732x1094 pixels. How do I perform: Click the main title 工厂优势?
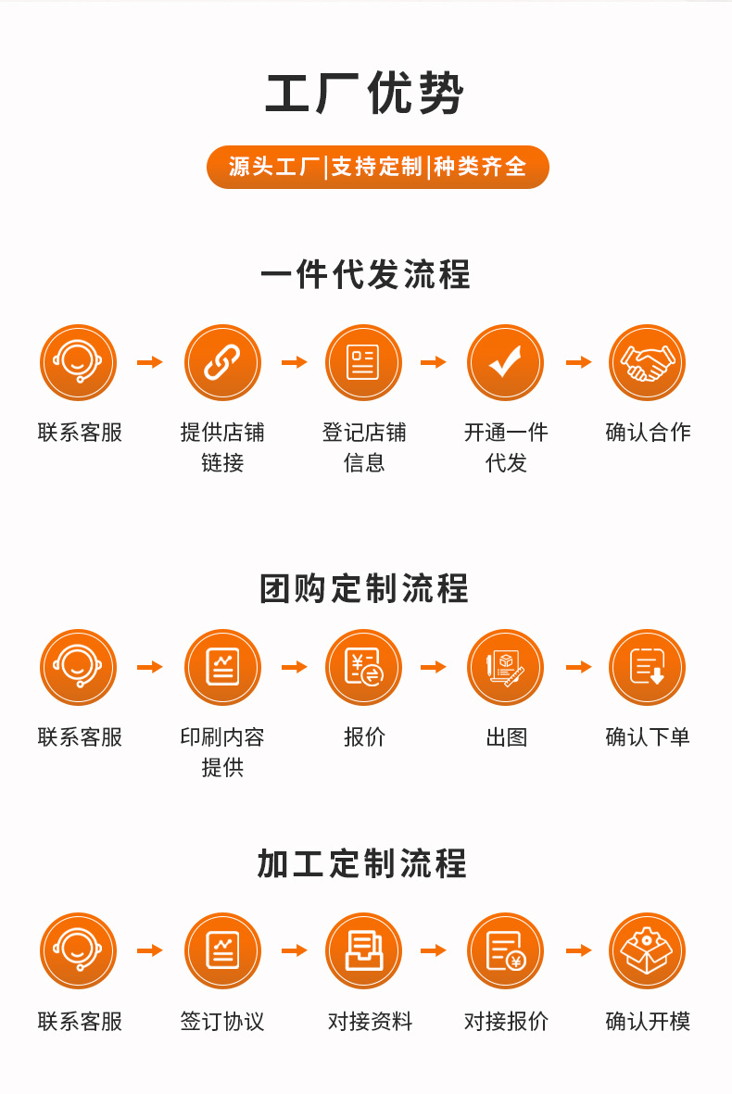pyautogui.click(x=365, y=94)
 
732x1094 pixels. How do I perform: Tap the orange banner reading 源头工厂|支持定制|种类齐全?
pyautogui.click(x=377, y=167)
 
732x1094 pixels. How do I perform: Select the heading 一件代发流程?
pyautogui.click(x=365, y=275)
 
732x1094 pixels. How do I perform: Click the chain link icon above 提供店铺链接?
pyautogui.click(x=222, y=362)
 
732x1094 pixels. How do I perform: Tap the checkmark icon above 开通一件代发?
pyautogui.click(x=505, y=362)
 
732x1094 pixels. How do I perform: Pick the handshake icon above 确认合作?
pyautogui.click(x=647, y=362)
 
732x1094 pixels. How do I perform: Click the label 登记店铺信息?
pyautogui.click(x=364, y=446)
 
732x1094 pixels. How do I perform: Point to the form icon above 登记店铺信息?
pyautogui.click(x=363, y=362)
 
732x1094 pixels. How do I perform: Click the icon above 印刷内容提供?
pyautogui.click(x=222, y=667)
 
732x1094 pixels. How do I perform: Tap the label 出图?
pyautogui.click(x=506, y=737)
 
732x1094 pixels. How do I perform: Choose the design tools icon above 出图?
pyautogui.click(x=505, y=667)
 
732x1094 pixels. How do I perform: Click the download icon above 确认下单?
pyautogui.click(x=647, y=667)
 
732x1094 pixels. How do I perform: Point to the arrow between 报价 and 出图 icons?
pyautogui.click(x=434, y=667)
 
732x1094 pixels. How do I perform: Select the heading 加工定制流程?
pyautogui.click(x=363, y=864)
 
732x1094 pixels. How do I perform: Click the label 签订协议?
pyautogui.click(x=222, y=1022)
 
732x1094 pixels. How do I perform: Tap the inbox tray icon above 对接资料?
pyautogui.click(x=363, y=950)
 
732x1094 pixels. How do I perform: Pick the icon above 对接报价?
pyautogui.click(x=505, y=950)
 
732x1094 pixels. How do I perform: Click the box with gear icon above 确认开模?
pyautogui.click(x=647, y=950)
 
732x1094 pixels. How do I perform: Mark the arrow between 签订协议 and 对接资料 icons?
pyautogui.click(x=294, y=950)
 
